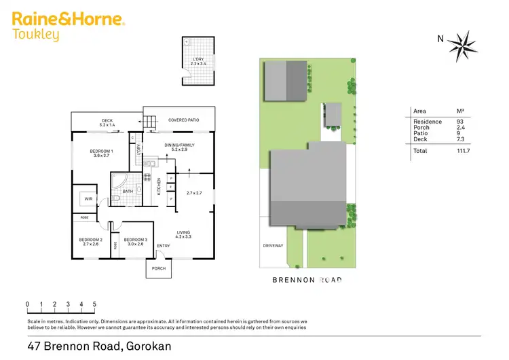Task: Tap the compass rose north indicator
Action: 463,43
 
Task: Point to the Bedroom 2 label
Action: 91,242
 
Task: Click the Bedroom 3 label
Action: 135,242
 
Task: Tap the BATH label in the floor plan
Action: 128,191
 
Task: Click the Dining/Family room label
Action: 180,146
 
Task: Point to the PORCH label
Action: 159,268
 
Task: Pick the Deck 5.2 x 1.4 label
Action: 108,124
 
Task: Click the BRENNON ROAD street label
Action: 305,279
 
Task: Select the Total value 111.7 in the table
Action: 464,151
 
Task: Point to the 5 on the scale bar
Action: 94,304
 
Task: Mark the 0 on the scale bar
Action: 27,304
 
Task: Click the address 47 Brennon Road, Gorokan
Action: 99,346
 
